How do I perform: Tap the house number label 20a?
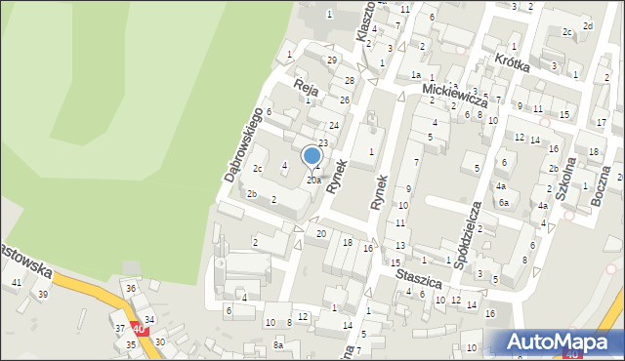(313, 180)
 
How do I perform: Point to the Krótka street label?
(512, 59)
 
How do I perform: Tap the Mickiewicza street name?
(454, 94)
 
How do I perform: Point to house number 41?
(16, 282)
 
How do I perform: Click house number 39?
(43, 294)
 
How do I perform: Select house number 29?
(332, 60)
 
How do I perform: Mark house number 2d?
(587, 25)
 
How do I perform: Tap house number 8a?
(278, 344)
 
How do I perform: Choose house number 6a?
(504, 202)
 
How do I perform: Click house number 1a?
(415, 75)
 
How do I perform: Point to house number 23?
(322, 143)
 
